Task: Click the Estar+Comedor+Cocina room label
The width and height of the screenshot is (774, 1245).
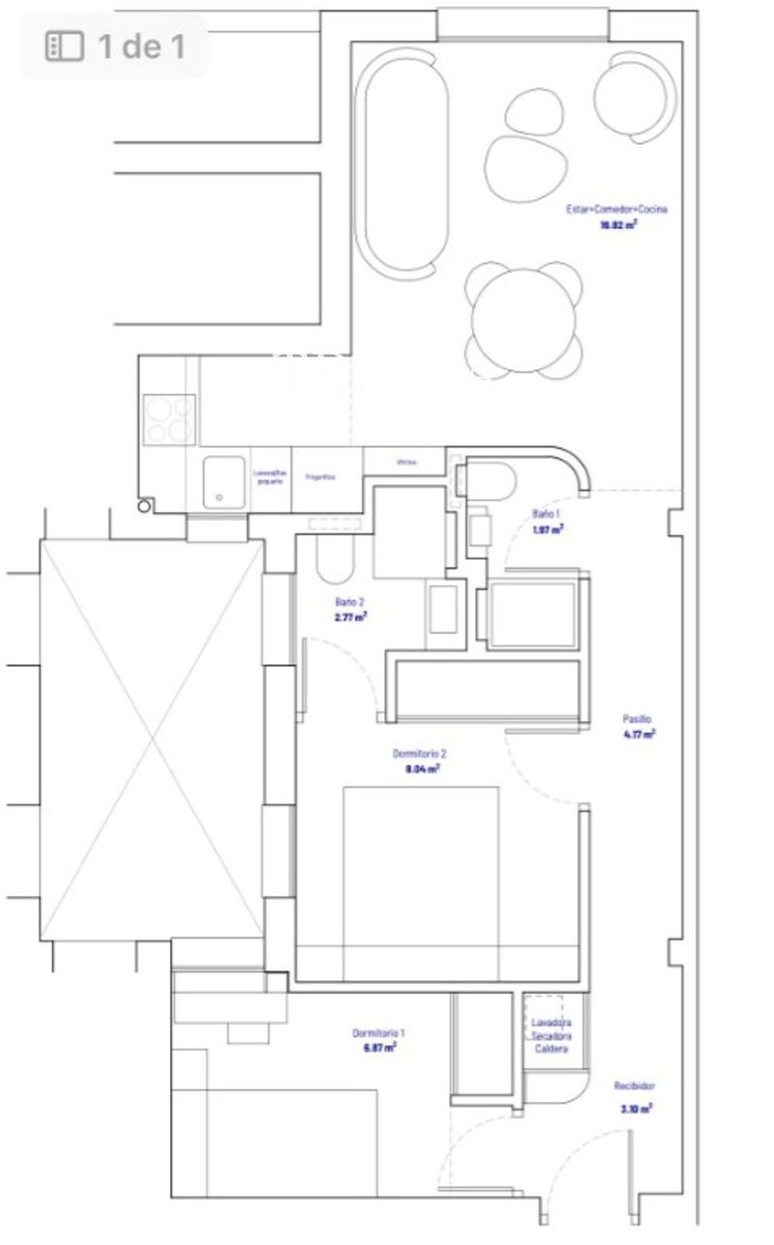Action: (x=616, y=209)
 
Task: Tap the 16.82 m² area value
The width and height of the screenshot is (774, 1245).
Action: (x=618, y=224)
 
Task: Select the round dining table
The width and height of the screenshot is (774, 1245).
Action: (x=523, y=319)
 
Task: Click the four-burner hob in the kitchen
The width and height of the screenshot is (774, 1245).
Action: (x=169, y=420)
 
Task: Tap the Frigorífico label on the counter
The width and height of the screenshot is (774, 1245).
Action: (x=320, y=477)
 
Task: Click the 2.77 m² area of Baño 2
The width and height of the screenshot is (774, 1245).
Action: (x=349, y=616)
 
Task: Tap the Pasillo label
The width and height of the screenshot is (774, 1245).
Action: (x=637, y=719)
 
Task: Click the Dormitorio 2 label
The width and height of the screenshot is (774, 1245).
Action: (x=419, y=754)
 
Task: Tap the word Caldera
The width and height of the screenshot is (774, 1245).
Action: (x=551, y=1049)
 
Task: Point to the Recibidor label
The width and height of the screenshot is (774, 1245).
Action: (x=635, y=1086)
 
